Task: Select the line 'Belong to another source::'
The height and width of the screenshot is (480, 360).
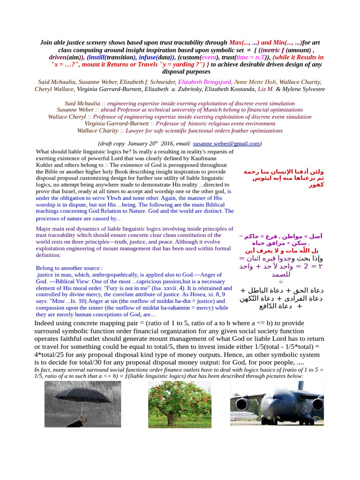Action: point(69,268)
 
